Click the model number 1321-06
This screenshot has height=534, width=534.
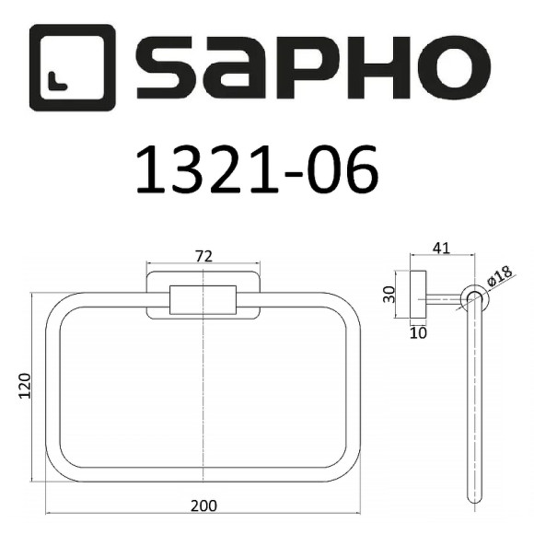tap(256, 168)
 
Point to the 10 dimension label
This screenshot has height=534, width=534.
tap(420, 332)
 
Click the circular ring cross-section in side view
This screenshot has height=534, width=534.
tap(474, 298)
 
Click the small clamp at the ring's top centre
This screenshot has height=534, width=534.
tap(203, 300)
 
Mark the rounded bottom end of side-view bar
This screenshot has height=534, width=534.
tap(476, 498)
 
